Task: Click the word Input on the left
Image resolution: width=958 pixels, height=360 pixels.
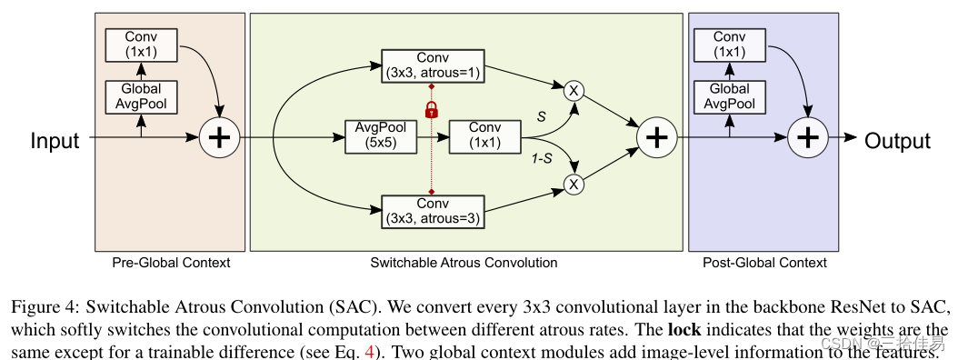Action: (55, 140)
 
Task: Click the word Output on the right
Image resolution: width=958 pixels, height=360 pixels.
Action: (897, 140)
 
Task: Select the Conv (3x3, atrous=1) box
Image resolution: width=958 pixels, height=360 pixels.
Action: (432, 66)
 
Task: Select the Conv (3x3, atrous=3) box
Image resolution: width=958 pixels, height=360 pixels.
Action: (432, 210)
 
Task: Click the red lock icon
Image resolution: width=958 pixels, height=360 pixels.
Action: (432, 109)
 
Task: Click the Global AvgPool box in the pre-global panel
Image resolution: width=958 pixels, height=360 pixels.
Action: (141, 96)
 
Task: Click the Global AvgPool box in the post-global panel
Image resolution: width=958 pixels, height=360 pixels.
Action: (729, 96)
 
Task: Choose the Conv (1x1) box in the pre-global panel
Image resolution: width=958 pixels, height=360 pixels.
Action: (141, 44)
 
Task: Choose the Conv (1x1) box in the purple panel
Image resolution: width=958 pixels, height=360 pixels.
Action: (729, 44)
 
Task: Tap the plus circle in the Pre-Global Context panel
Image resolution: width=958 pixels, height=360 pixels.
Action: (219, 138)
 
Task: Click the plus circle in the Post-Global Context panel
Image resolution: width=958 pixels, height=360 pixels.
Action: (807, 138)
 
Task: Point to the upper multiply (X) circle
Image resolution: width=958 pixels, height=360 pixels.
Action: (574, 90)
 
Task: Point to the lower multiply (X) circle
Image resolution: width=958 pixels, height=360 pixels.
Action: (574, 185)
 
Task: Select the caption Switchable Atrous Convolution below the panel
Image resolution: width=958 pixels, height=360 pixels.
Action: (464, 263)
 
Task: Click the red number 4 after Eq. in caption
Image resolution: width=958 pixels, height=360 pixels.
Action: (369, 348)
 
